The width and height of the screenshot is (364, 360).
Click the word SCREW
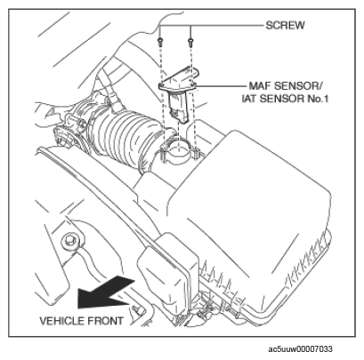coord(285,25)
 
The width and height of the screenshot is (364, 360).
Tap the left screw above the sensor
coord(160,41)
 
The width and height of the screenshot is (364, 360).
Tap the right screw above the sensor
coord(190,41)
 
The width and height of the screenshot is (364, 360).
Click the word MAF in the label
coord(259,86)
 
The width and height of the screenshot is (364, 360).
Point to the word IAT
coord(250,99)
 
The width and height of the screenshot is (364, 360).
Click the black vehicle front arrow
coord(104,292)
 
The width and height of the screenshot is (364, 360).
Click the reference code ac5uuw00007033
coord(300,349)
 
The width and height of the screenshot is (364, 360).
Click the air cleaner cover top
coord(249,189)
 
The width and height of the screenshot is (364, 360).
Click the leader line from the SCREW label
coord(211,26)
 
